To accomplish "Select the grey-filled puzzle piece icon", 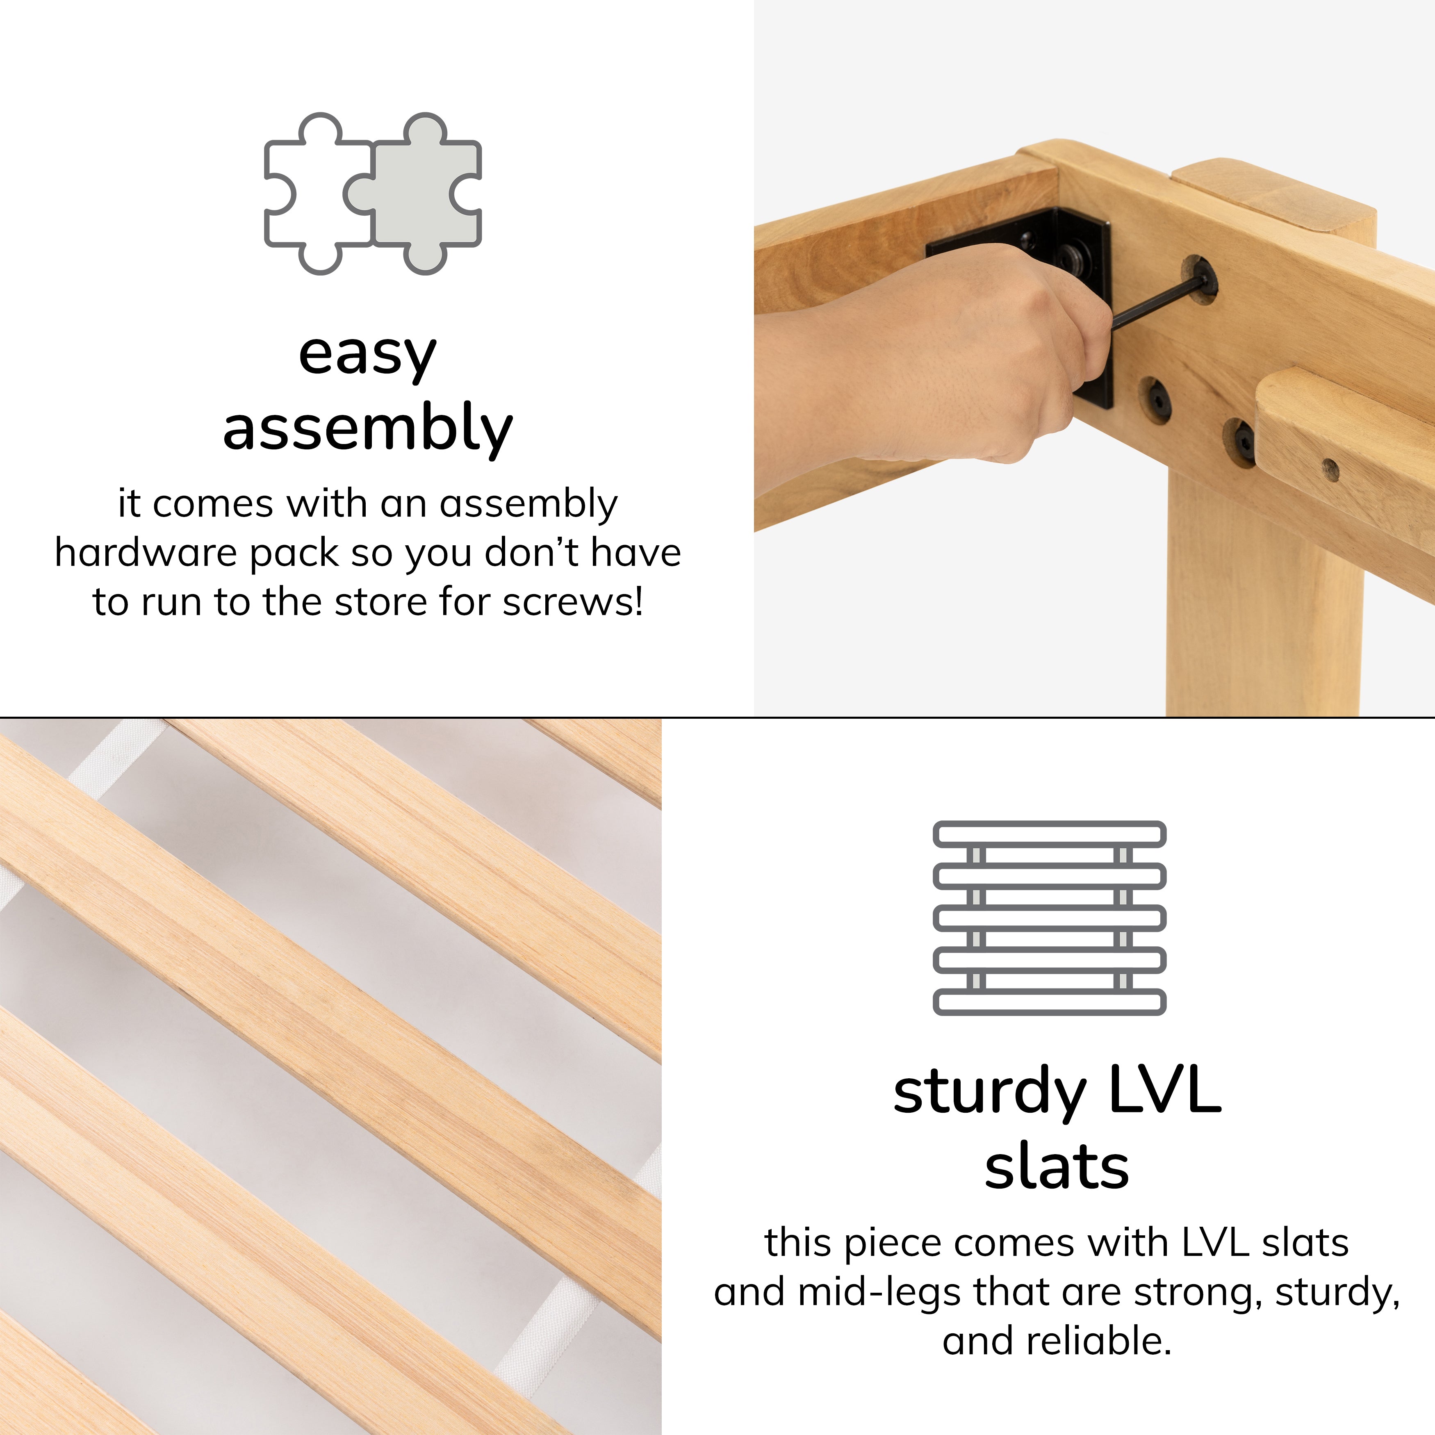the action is click(413, 194).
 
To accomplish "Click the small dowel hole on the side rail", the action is click(1330, 469).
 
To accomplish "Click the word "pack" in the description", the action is click(294, 554).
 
